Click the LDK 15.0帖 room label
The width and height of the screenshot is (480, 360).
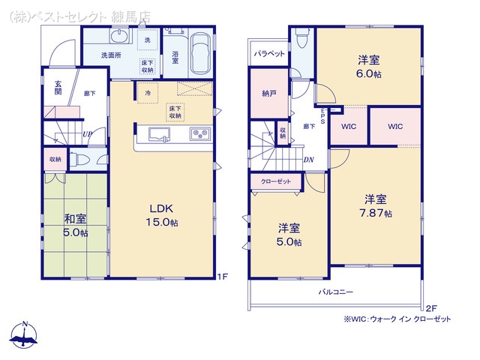click(162, 215)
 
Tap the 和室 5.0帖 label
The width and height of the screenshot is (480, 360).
click(75, 226)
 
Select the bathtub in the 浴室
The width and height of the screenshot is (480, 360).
click(200, 53)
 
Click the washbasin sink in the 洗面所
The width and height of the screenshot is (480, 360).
click(119, 37)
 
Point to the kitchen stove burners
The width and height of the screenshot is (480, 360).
click(200, 133)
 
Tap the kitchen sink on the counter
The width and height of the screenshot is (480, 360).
click(159, 134)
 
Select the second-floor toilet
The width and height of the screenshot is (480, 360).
click(302, 38)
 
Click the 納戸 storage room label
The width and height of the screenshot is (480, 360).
click(269, 93)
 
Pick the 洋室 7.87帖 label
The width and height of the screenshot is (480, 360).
click(375, 206)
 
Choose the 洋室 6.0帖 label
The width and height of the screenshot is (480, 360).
click(369, 67)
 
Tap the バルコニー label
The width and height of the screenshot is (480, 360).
click(336, 292)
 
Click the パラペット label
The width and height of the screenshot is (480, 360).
click(269, 53)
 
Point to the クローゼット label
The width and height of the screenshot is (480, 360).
click(276, 181)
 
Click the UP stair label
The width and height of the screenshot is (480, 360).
click(88, 134)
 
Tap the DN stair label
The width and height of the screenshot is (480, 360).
click(308, 160)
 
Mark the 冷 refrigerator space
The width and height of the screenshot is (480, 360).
click(148, 93)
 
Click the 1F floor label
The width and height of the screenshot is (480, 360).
click(223, 277)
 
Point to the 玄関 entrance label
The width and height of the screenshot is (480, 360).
click(58, 88)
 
